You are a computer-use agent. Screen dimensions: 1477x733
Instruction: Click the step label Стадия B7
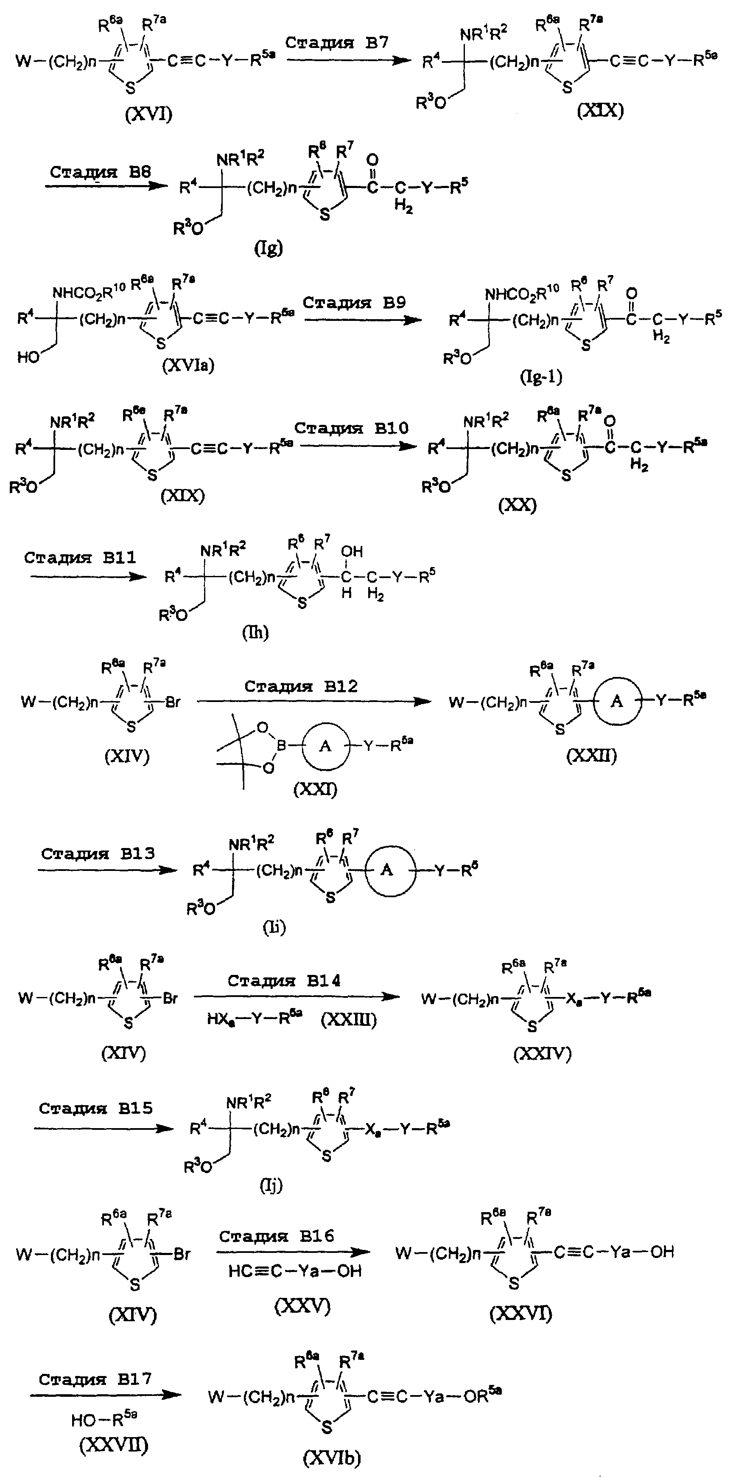(x=337, y=42)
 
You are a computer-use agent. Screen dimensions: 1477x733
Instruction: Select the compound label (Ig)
(x=268, y=248)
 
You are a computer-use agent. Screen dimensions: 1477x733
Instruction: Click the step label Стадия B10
(x=351, y=428)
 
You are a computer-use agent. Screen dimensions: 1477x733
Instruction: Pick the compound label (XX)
(x=518, y=505)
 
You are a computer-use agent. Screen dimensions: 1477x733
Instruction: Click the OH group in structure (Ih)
(x=352, y=552)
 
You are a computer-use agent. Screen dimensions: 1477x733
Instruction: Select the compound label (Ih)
(x=255, y=632)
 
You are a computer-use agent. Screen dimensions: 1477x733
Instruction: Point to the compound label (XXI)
(x=315, y=789)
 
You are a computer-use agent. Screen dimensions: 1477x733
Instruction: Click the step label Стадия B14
(x=284, y=981)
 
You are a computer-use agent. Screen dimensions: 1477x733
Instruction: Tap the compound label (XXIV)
(x=542, y=1053)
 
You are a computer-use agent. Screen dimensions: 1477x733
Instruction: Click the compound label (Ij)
(x=271, y=1185)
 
